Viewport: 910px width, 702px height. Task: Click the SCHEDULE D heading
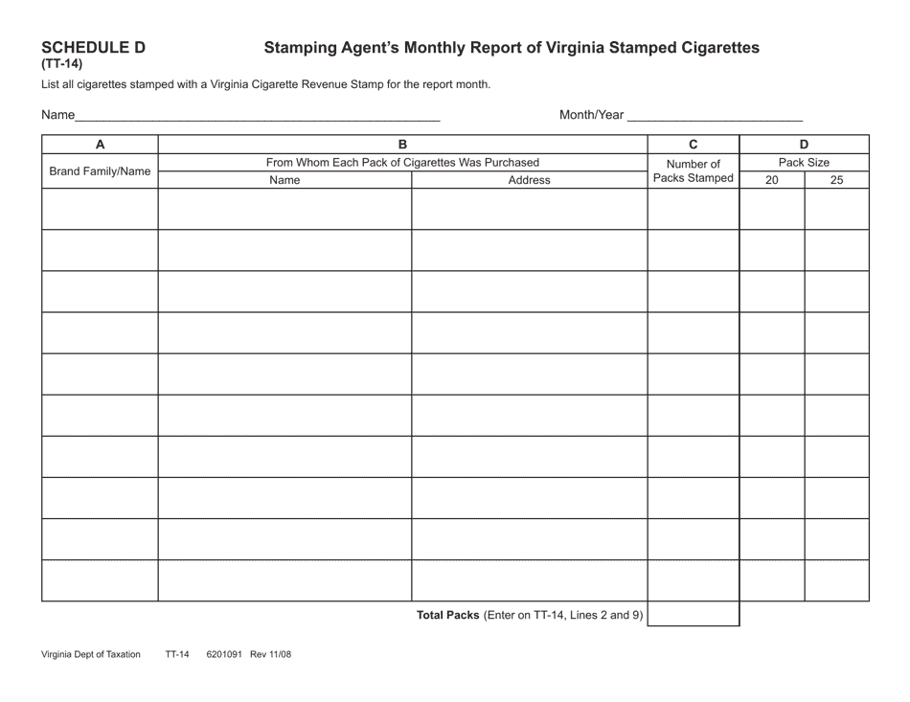(94, 47)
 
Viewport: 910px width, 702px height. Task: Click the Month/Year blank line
(715, 118)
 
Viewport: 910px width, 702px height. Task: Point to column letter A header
(100, 145)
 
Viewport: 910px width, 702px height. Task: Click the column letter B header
(402, 145)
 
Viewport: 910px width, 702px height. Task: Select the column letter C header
(694, 145)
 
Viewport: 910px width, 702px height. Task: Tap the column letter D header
(804, 145)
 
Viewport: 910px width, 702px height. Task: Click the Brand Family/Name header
(100, 171)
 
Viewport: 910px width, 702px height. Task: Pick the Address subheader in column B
(529, 180)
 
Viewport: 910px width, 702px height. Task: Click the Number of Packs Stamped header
(694, 170)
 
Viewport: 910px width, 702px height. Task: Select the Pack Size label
(804, 163)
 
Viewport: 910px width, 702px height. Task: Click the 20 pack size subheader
(772, 180)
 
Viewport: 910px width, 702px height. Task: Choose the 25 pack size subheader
(836, 180)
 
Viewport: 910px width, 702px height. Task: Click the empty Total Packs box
(694, 614)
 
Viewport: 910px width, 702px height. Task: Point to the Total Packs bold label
(447, 615)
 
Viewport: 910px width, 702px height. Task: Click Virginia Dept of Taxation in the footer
(91, 655)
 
